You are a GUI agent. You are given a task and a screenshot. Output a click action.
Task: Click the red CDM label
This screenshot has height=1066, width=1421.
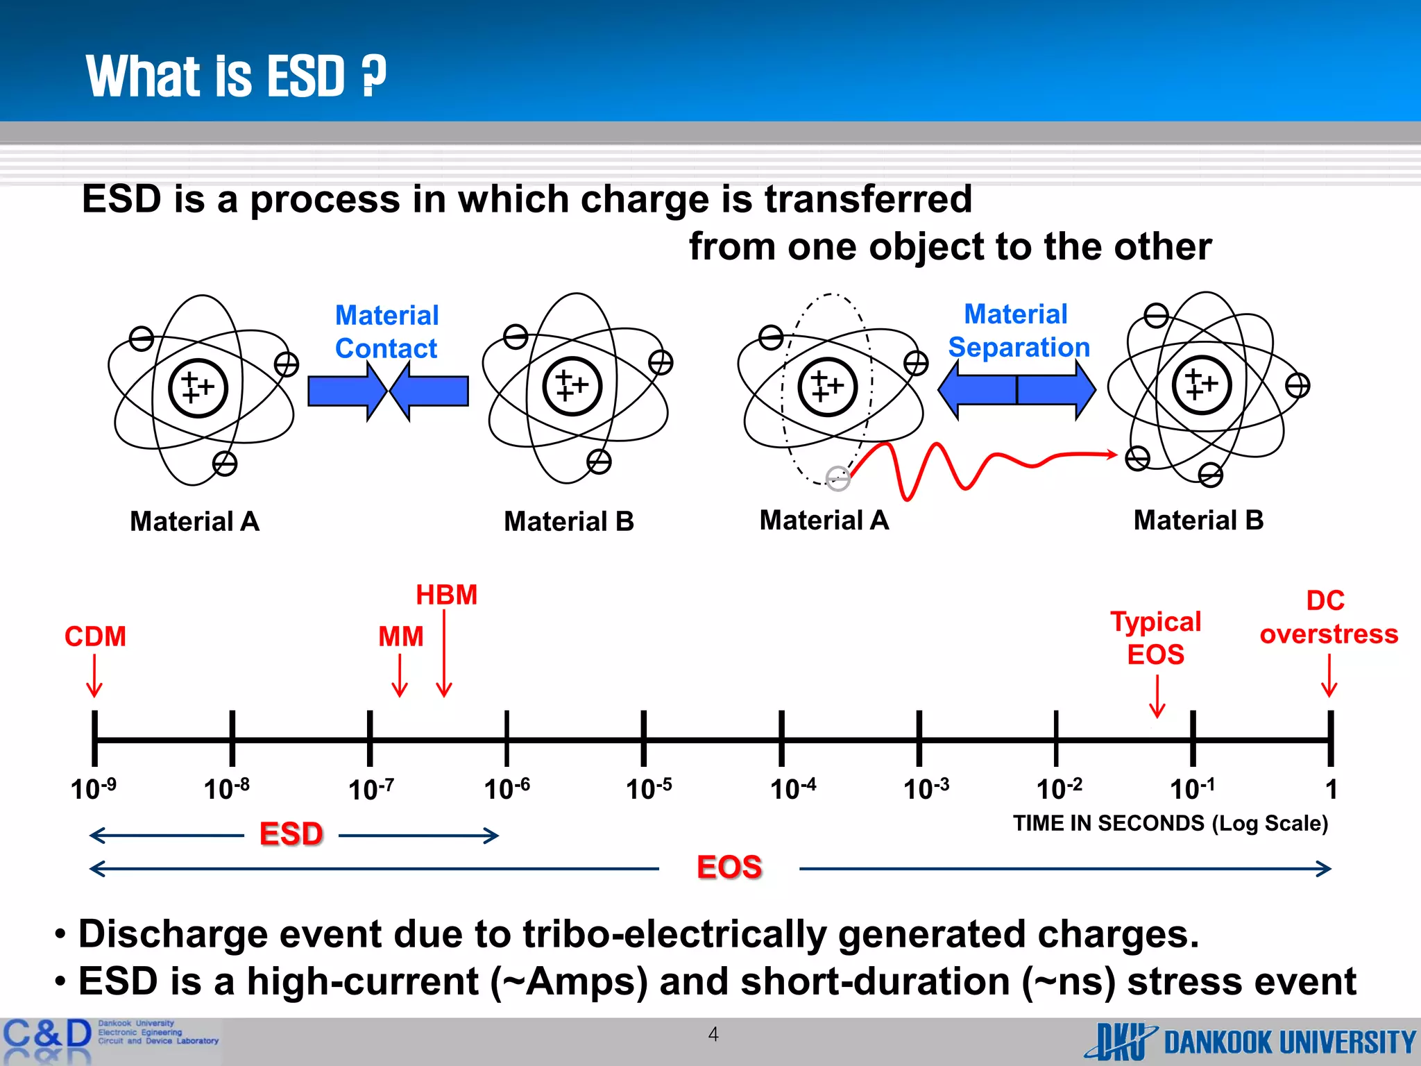coord(95,636)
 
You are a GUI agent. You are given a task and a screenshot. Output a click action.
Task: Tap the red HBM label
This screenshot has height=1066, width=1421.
coord(446,595)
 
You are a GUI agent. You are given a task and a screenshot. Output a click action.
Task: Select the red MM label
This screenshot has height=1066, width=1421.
coord(400,636)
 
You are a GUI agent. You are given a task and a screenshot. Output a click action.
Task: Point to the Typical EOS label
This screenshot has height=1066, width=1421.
coord(1155,638)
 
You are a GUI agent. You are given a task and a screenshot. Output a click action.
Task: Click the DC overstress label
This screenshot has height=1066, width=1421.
coord(1328,617)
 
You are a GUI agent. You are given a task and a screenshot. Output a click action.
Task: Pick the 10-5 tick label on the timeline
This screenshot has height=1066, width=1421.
coord(648,789)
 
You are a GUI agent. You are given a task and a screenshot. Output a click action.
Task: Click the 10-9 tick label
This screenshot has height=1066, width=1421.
coord(93,789)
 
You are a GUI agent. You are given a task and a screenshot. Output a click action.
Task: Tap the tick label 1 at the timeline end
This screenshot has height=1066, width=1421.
coord(1331,789)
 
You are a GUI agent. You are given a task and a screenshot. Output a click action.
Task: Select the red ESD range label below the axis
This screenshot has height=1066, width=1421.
coord(291,834)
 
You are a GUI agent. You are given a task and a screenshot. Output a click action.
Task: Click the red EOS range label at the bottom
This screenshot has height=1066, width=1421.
coord(729,868)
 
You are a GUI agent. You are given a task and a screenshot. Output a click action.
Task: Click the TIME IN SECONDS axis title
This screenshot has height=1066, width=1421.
coord(1170,823)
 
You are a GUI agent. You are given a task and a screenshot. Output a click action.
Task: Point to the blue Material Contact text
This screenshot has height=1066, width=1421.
coord(386,332)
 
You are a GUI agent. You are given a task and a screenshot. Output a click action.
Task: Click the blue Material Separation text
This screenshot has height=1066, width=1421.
coord(1018,330)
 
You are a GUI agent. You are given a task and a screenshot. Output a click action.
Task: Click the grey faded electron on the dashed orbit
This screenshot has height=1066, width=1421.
coord(838,478)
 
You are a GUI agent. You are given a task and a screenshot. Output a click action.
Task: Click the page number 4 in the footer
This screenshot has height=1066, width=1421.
coord(713,1034)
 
